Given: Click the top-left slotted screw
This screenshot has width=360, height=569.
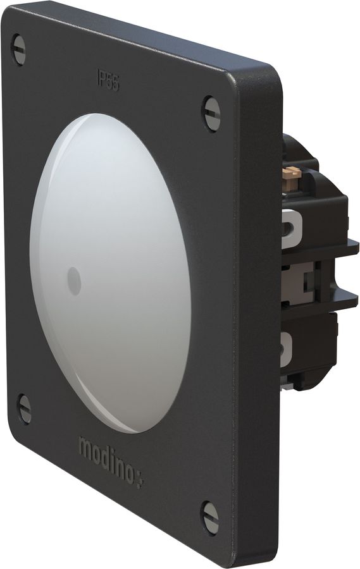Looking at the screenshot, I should coord(19,50).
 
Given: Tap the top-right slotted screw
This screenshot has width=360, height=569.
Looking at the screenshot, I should coord(211,113).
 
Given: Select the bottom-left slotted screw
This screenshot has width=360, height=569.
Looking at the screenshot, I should coord(24,408).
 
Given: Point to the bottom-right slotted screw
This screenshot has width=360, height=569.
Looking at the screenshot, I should coord(210,517).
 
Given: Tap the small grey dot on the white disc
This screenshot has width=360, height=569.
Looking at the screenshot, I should coord(73,281).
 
